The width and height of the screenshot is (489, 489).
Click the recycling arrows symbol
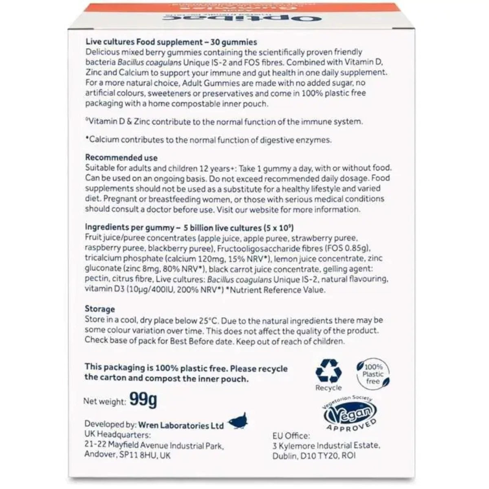[328, 370]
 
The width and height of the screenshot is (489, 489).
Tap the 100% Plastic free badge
[373, 373]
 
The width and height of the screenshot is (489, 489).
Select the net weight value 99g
[143, 400]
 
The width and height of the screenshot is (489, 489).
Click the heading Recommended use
[121, 158]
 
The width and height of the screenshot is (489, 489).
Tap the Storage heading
[100, 309]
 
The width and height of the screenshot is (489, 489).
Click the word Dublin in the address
[284, 456]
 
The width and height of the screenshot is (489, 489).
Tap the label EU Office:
[291, 436]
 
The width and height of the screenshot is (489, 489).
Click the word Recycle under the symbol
[328, 388]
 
